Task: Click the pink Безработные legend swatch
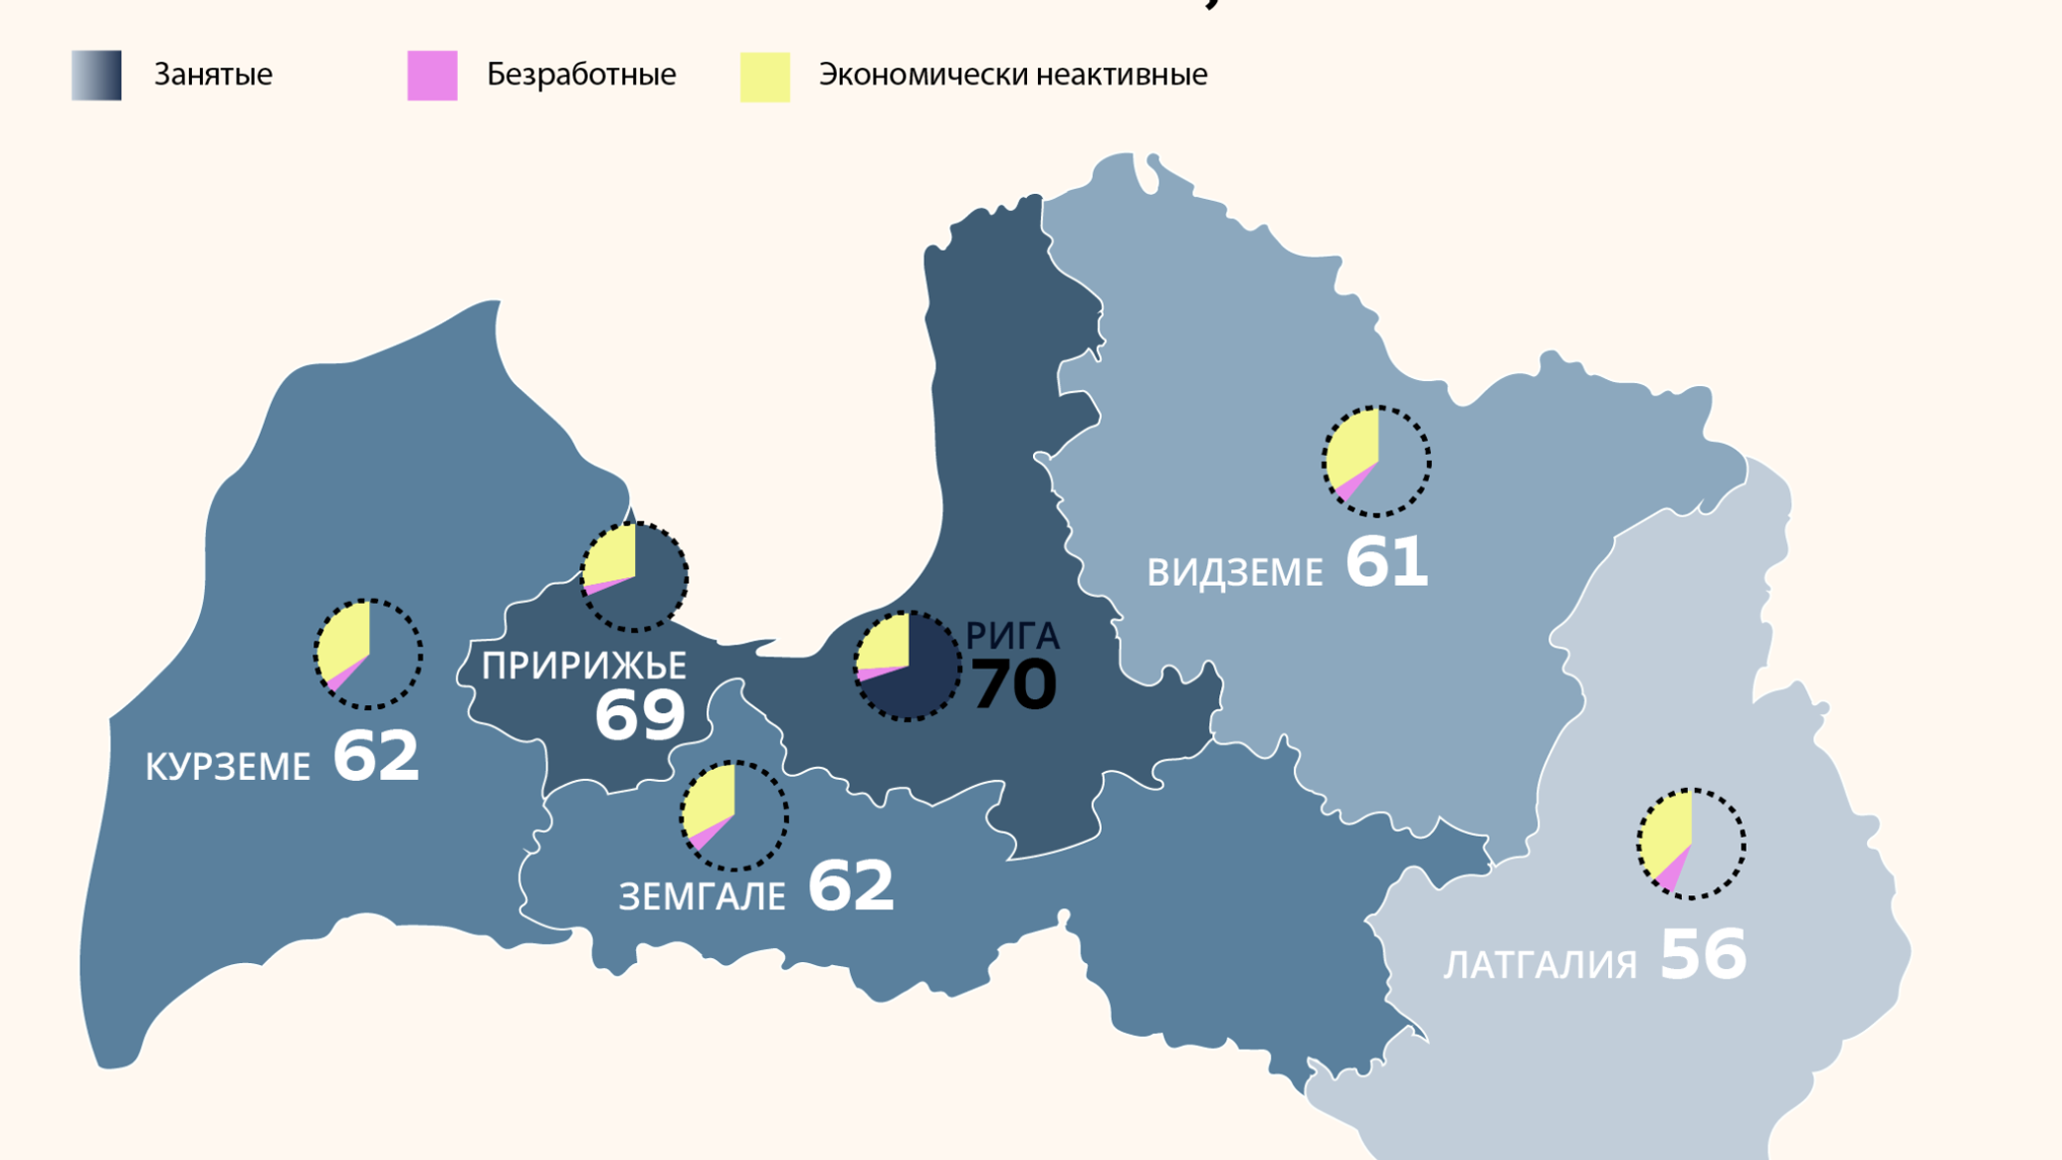(x=432, y=76)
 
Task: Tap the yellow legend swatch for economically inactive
(x=764, y=77)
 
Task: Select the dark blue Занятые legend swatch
(x=97, y=76)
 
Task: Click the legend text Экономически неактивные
(x=1012, y=75)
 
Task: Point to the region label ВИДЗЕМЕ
(x=1234, y=573)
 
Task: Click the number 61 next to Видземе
(x=1386, y=562)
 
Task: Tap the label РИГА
(x=1012, y=636)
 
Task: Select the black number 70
(x=1013, y=684)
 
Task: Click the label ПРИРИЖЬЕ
(x=584, y=666)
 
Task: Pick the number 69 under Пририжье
(x=640, y=714)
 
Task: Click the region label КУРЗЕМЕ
(x=228, y=767)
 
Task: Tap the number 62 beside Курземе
(x=375, y=756)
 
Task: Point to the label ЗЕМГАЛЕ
(x=702, y=896)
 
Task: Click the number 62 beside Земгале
(x=850, y=885)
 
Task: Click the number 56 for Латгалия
(x=1703, y=955)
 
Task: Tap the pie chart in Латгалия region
(x=1691, y=844)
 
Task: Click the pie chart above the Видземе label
(x=1376, y=461)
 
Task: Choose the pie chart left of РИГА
(x=907, y=666)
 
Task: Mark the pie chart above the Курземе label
(x=368, y=654)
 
